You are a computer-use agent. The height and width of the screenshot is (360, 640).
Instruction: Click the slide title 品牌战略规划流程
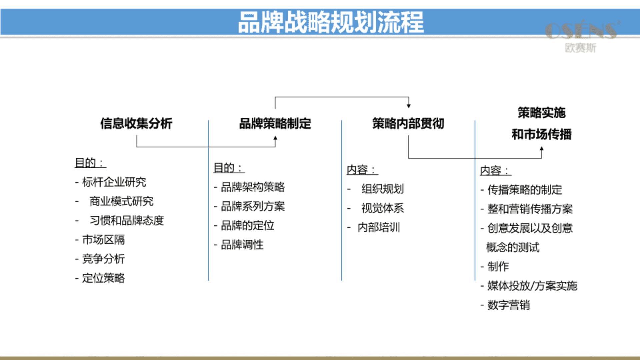[x=331, y=22]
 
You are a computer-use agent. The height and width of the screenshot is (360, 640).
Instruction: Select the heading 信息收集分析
[x=136, y=123]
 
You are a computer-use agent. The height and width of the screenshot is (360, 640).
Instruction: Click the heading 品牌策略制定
[x=275, y=123]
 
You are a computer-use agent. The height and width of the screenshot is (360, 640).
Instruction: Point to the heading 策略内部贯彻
[x=408, y=123]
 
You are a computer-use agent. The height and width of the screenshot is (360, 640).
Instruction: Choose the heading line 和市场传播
[x=542, y=134]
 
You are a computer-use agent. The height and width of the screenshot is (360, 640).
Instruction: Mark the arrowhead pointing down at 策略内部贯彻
[x=409, y=106]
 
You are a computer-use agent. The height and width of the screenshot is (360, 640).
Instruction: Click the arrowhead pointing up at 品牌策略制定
[x=275, y=138]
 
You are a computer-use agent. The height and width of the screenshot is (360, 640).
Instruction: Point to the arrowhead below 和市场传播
[x=542, y=149]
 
